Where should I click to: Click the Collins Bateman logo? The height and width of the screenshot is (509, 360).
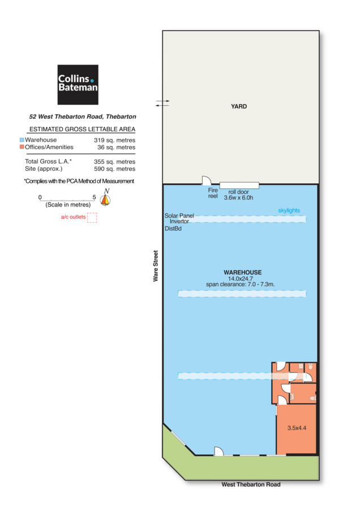[78, 85]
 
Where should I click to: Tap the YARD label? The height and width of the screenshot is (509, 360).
[239, 106]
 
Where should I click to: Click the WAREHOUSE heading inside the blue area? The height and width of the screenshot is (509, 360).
[243, 273]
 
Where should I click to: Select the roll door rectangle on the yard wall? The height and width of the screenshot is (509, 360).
[239, 186]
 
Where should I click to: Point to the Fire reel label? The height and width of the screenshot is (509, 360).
[213, 193]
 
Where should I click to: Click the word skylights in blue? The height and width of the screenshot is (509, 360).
[289, 210]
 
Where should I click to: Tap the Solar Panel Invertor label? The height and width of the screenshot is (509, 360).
[179, 218]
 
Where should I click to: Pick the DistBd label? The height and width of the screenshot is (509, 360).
[173, 228]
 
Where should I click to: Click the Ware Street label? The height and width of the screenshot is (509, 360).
[156, 266]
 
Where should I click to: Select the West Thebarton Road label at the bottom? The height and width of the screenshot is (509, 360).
[251, 484]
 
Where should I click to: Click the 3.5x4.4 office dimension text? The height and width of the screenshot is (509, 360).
[297, 428]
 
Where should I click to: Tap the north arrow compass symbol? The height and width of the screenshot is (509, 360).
[105, 198]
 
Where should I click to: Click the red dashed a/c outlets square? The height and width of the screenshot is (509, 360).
[92, 218]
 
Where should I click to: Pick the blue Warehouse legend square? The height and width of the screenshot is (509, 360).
[22, 140]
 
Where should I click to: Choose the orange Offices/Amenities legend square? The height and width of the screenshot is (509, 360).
[22, 146]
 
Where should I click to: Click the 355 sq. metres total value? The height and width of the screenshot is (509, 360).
[115, 162]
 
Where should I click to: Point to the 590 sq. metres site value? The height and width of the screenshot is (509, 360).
[115, 169]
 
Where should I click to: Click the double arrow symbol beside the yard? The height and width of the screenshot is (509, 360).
[162, 103]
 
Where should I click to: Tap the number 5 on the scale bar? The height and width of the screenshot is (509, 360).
[94, 197]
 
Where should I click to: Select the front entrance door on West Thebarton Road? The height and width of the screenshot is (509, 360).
[218, 451]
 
